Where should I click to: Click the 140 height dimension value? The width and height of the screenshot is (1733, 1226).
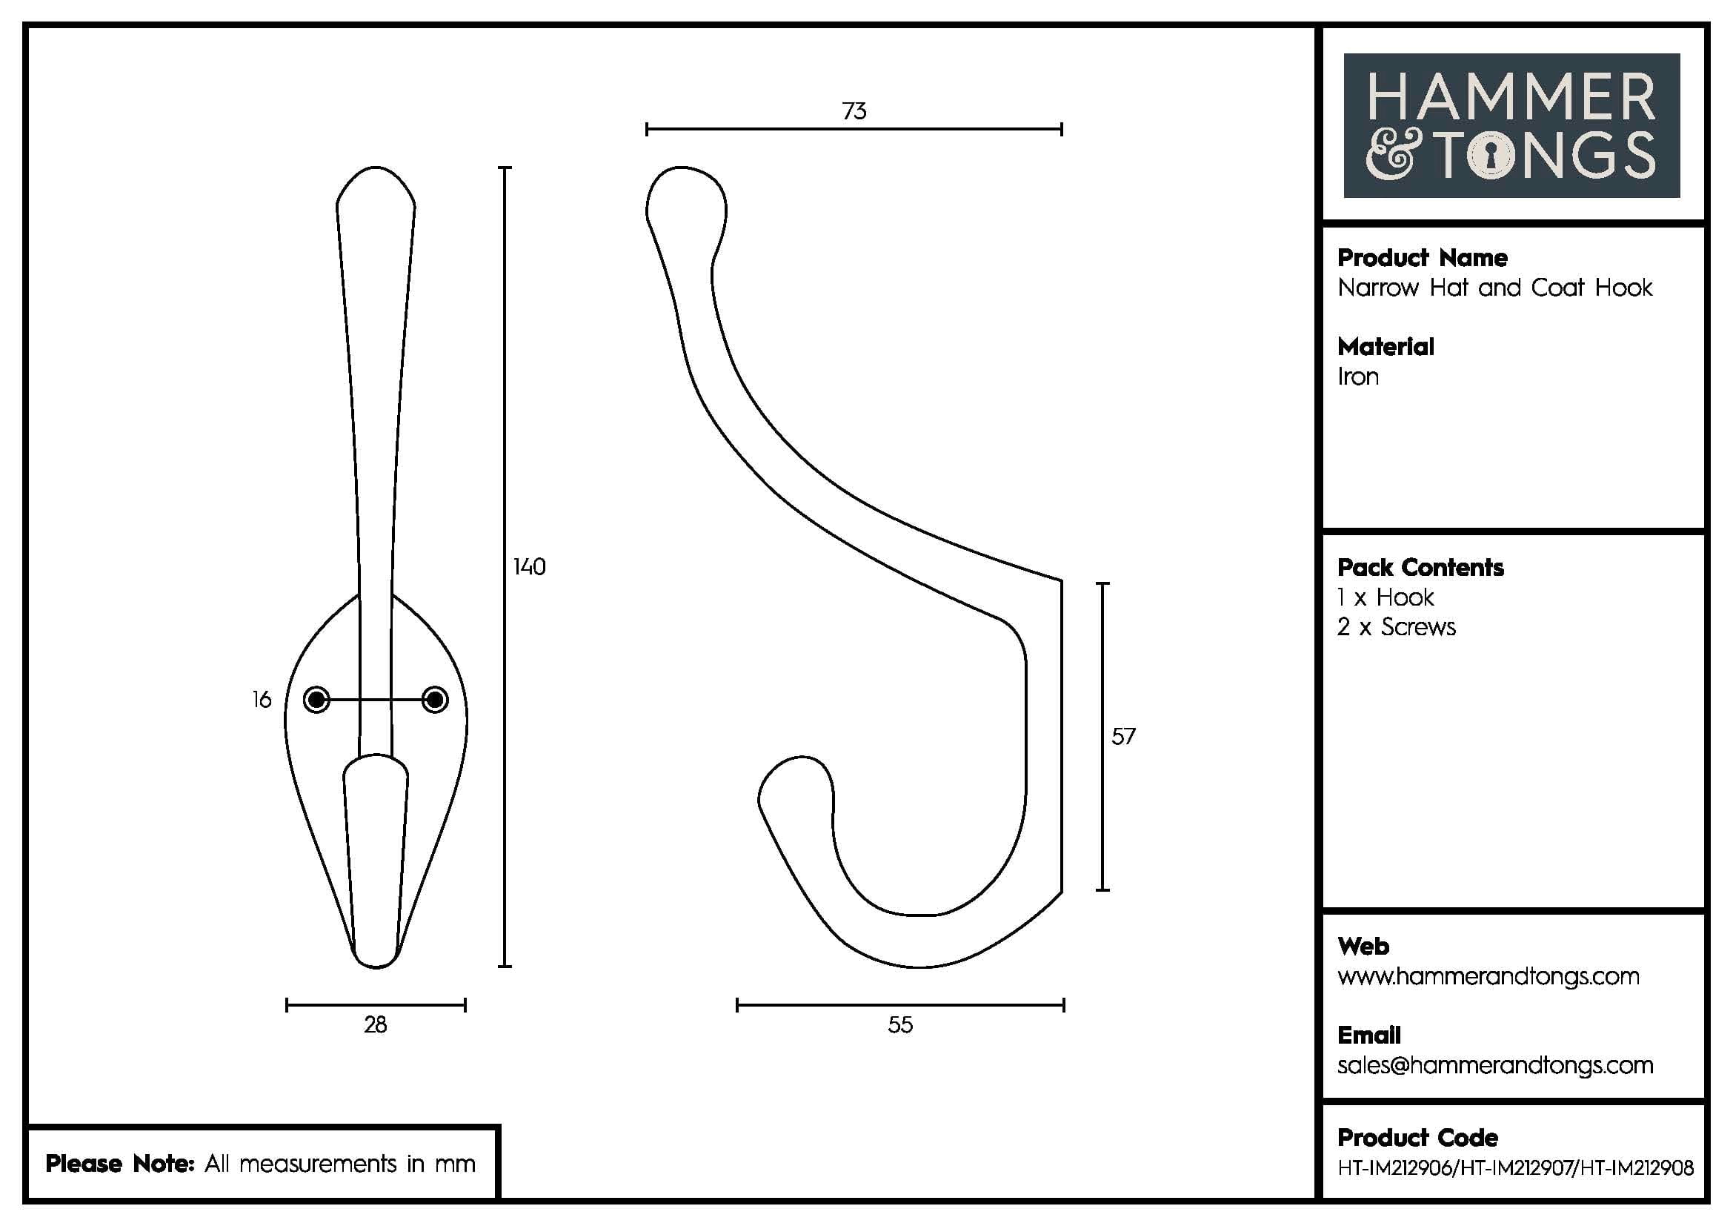[x=529, y=567]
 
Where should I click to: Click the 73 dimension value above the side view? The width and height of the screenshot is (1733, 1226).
[x=854, y=112]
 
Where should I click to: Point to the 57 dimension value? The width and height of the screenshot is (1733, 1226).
[x=1123, y=737]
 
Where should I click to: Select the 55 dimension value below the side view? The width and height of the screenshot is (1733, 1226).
[x=899, y=1025]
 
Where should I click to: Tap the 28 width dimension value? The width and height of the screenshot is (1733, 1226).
[x=375, y=1025]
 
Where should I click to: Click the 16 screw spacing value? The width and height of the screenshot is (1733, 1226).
[x=261, y=700]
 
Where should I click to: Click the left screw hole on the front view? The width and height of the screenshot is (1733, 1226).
[x=316, y=700]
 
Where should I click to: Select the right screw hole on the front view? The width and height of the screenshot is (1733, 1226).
[x=435, y=700]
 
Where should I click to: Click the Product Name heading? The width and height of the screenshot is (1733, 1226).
[x=1422, y=258]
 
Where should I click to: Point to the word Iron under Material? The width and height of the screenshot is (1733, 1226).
[x=1358, y=377]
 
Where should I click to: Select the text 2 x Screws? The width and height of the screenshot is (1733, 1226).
[x=1397, y=627]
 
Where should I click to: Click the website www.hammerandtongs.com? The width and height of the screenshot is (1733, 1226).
[x=1488, y=977]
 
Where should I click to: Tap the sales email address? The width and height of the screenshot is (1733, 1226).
[x=1494, y=1066]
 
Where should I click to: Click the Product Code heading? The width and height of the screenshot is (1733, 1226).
[x=1417, y=1138]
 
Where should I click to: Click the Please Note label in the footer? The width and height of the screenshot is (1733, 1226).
[x=121, y=1164]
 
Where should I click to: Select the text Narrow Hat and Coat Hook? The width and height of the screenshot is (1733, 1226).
[x=1494, y=288]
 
